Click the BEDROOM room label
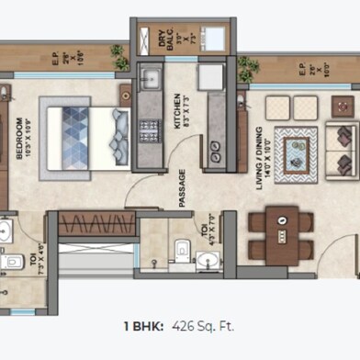(20, 138)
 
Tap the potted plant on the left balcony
(118, 52)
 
